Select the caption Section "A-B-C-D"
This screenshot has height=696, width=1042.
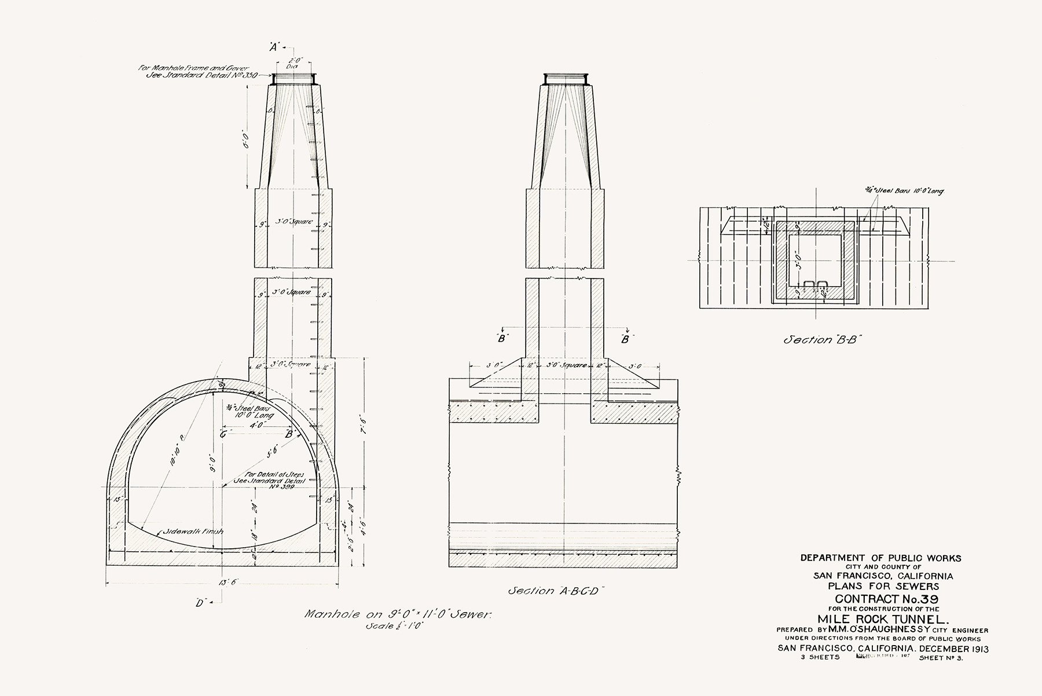pos(556,591)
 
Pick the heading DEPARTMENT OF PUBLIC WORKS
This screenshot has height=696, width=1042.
pos(880,558)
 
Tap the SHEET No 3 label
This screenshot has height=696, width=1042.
pos(940,658)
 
